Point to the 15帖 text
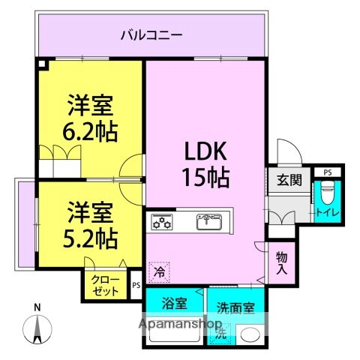pos(205,178)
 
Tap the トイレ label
pos(327,212)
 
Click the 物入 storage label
pos(280,262)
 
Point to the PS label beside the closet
pos(136,285)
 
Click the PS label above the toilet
pos(327,172)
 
